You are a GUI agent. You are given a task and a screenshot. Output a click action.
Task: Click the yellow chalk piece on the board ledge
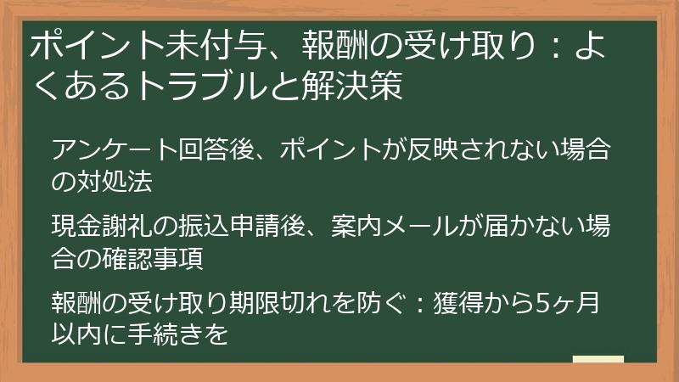pos(598,359)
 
